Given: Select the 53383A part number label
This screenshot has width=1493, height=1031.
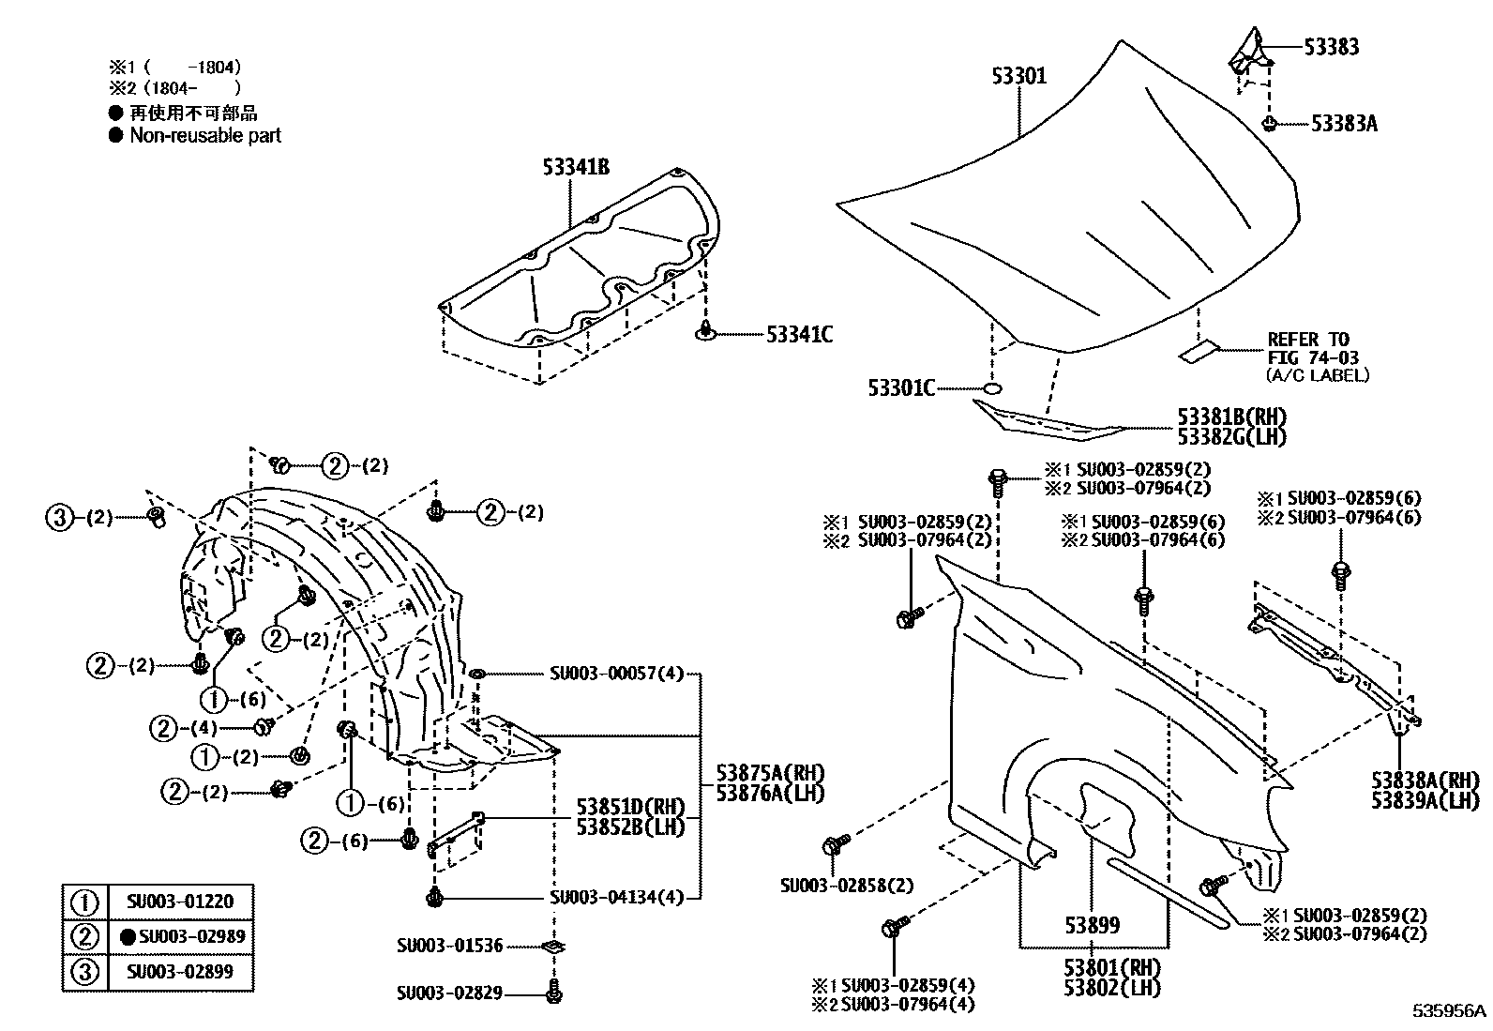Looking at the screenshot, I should point(1344,124).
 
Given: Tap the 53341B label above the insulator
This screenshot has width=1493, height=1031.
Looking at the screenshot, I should point(576,167).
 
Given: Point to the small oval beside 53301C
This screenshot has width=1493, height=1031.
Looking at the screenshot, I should point(992,388).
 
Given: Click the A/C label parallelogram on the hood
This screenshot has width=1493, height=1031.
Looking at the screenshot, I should point(1197,352).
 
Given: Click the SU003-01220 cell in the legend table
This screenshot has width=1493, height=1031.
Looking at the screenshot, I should point(180,902).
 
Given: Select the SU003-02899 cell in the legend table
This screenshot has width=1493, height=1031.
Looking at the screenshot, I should point(180,972).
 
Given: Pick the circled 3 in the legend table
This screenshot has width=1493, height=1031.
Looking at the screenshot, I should point(84,972).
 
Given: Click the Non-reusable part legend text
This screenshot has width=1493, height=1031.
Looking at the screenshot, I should point(205,135).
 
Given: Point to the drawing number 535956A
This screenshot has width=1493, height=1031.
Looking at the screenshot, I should point(1450,1011).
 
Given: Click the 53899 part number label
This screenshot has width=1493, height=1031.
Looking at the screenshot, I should point(1092,925).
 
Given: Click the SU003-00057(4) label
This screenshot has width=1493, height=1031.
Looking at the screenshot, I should point(616,674).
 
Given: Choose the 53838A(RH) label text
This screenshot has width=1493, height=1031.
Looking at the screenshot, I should point(1425,781).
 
